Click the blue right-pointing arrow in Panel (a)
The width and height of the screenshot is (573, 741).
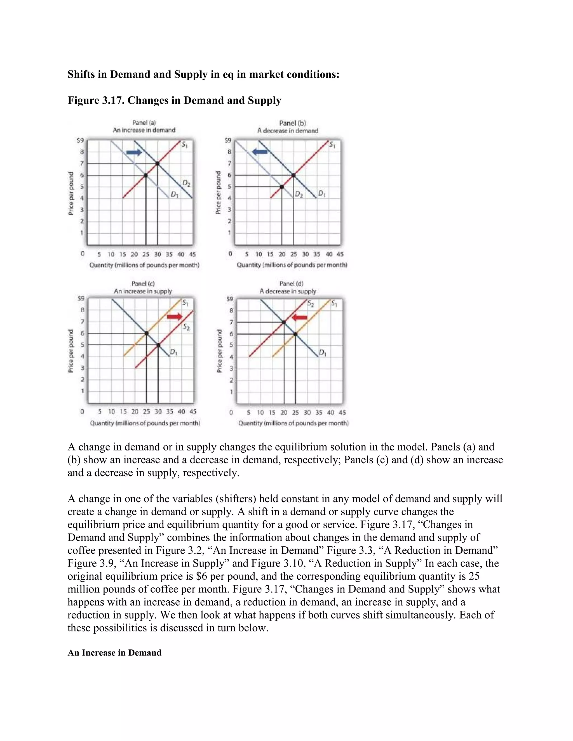coord(134,153)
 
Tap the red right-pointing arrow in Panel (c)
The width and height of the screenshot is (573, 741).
coord(175,317)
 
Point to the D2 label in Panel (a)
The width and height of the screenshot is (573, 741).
coord(186,183)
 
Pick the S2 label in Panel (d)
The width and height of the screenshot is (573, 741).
coord(311,304)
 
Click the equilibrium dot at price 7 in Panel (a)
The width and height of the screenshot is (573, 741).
coord(158,164)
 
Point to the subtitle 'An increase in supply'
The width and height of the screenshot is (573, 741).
coord(143,291)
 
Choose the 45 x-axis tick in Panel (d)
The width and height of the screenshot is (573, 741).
coord(342,412)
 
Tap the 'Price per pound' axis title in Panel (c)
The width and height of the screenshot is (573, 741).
coord(71,351)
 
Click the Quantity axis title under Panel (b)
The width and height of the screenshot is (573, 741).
coord(292,265)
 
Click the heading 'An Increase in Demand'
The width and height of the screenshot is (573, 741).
coord(114,653)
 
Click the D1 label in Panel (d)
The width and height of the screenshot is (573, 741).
coord(323,353)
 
